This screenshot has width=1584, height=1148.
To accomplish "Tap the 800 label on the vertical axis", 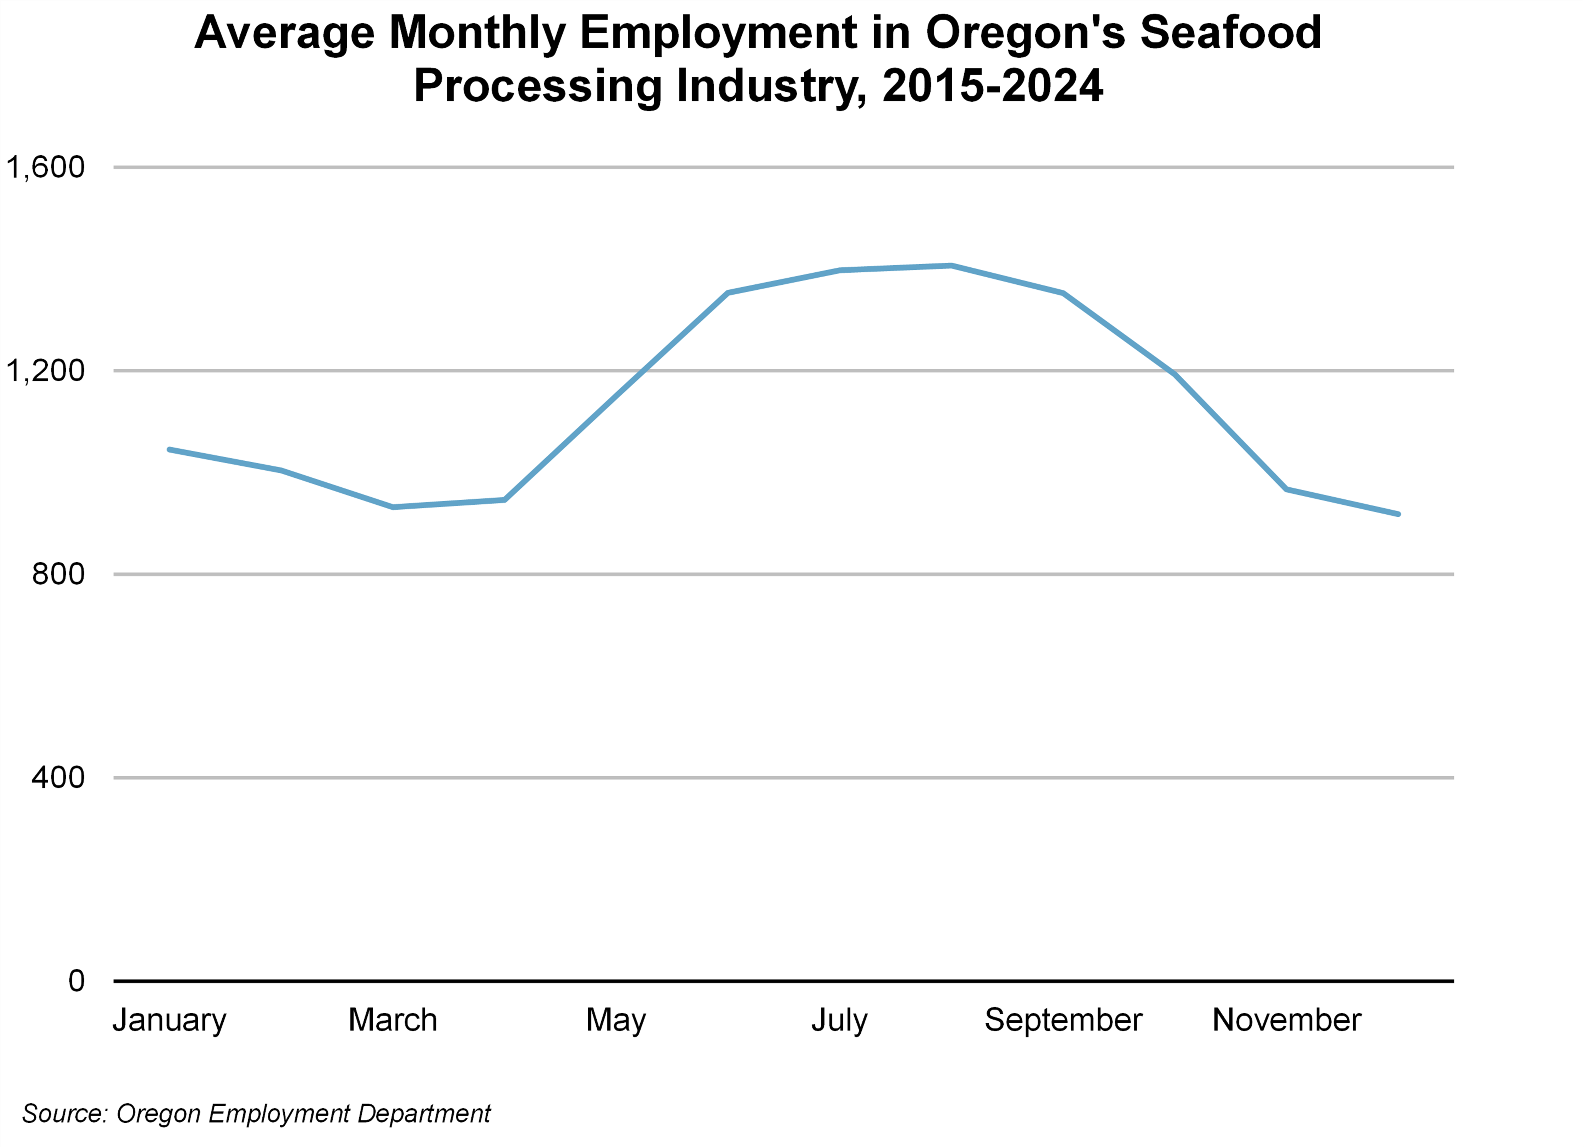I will coord(58,574).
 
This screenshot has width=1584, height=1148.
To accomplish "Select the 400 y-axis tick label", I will coord(58,777).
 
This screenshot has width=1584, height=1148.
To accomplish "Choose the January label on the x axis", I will coord(170,1020).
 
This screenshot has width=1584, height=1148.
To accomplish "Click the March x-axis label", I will coord(392,1020).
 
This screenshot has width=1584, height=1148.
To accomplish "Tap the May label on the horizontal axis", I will coord(616,1020).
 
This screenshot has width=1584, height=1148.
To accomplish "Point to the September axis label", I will coord(1063,1020).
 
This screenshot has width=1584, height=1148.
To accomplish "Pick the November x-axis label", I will coord(1287,1020).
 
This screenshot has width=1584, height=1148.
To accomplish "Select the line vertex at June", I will coord(728,293).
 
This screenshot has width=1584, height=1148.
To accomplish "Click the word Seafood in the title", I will coord(1231,33).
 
